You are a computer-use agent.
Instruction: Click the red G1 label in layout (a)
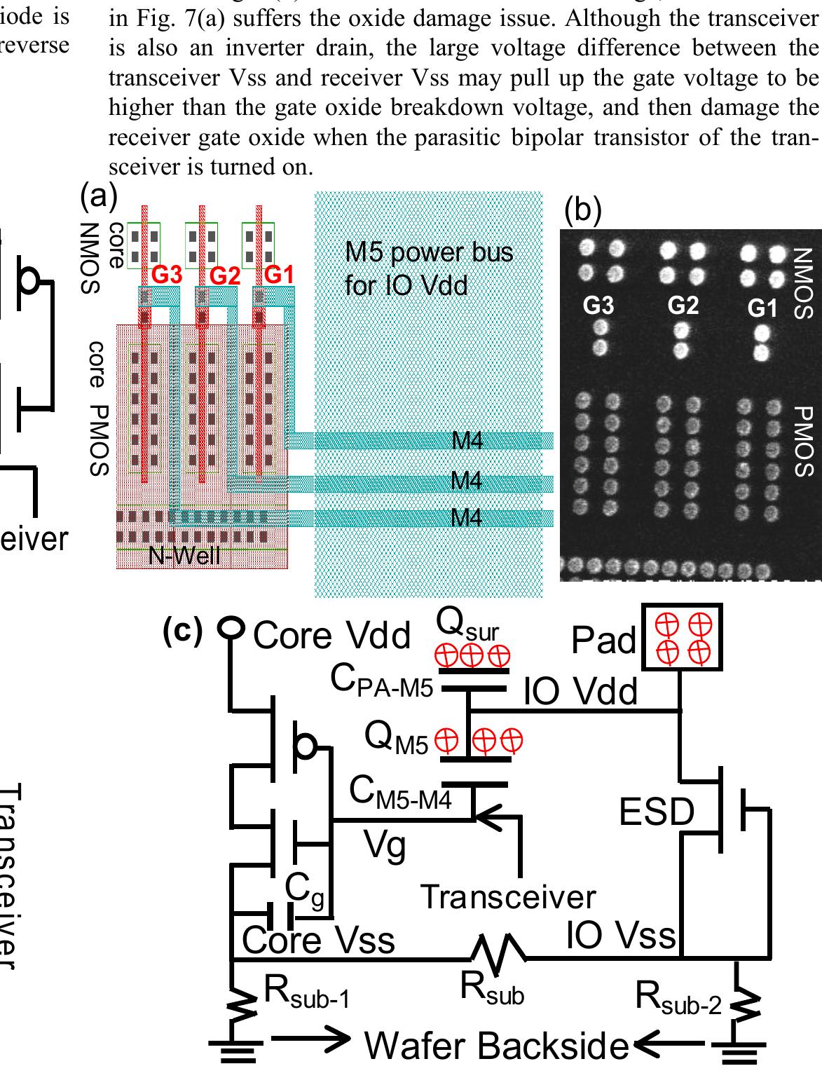[279, 275]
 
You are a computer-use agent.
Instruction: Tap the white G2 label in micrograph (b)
[683, 306]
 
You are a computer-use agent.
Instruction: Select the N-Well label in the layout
[184, 556]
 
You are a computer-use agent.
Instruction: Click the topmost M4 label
[467, 441]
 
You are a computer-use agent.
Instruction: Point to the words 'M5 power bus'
[429, 252]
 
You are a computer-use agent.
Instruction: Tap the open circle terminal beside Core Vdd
[229, 627]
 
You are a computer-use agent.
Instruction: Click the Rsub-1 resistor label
[306, 992]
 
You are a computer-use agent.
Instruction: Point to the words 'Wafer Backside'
[496, 1046]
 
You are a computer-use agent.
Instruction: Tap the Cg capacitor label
[304, 889]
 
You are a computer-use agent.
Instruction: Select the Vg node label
[385, 845]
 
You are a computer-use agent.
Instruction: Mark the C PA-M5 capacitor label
[382, 681]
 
